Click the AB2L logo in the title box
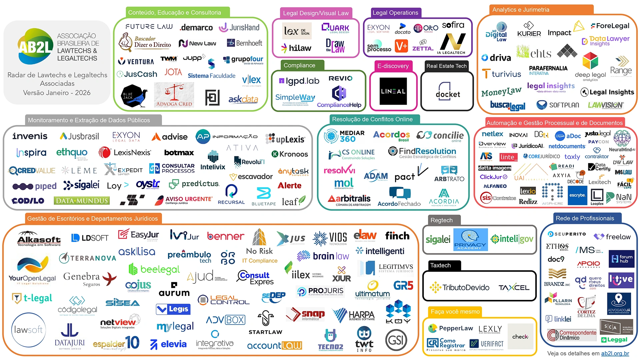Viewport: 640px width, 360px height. tap(35, 47)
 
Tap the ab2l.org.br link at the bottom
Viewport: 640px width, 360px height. tap(615, 353)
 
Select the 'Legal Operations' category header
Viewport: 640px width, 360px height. tap(395, 13)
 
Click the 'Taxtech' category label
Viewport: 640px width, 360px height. tap(440, 265)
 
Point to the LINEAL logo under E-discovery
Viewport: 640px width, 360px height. tap(393, 91)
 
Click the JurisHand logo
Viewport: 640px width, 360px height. tap(239, 27)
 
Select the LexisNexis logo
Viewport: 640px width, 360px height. tap(125, 153)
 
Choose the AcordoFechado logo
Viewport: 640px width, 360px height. tap(399, 197)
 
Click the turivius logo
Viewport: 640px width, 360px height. tap(501, 74)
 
